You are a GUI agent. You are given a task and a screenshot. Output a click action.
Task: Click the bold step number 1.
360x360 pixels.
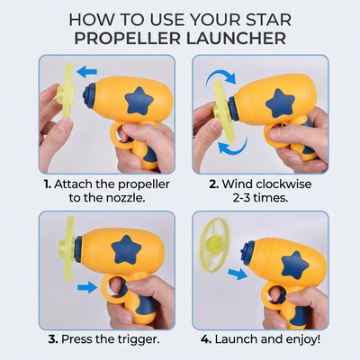46,184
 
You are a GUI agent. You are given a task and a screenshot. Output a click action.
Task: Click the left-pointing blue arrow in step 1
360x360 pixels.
86,70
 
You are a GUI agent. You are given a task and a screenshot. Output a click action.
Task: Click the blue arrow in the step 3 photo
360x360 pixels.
86,288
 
